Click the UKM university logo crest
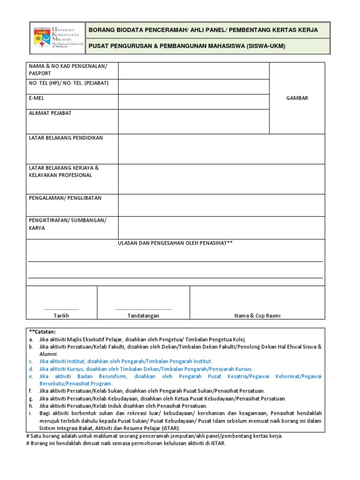(43, 38)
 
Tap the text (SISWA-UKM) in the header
(265, 46)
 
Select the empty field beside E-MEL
(194, 102)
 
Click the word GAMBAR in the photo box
(297, 98)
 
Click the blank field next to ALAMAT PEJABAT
(194, 121)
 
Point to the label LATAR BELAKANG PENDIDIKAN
(66, 138)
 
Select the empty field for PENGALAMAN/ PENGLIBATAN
(221, 205)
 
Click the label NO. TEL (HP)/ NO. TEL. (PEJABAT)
(68, 83)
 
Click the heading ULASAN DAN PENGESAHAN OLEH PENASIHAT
(175, 243)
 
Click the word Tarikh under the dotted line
(61, 316)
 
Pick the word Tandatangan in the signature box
(143, 316)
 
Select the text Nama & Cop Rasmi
(257, 316)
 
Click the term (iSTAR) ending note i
(171, 428)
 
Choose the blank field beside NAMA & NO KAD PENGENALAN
(194, 71)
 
